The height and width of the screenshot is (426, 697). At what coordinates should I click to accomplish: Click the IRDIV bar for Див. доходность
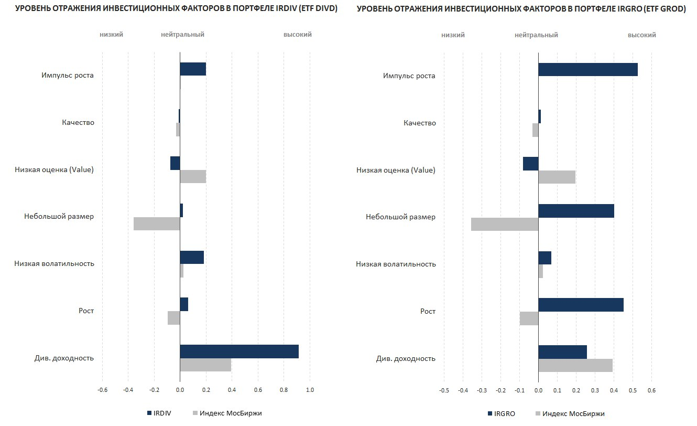239,352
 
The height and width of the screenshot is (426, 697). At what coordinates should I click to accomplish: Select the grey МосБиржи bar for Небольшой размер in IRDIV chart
157,223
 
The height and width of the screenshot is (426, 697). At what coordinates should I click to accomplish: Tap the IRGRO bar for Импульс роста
587,69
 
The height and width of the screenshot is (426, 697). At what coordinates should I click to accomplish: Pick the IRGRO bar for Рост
581,305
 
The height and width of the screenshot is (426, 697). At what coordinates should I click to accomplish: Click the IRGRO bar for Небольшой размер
576,211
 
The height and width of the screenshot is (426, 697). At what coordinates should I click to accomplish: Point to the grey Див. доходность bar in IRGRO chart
575,365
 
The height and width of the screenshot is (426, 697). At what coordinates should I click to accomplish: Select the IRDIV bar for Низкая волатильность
192,257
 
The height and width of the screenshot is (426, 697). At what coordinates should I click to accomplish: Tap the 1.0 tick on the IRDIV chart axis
310,390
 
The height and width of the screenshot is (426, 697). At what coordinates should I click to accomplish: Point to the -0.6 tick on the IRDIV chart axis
102,390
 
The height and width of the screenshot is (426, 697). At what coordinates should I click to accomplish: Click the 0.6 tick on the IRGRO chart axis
651,390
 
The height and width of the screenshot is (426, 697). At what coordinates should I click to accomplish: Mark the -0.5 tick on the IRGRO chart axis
444,390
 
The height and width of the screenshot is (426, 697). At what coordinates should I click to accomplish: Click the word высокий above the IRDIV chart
298,35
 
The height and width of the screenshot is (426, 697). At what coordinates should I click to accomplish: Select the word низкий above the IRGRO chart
453,35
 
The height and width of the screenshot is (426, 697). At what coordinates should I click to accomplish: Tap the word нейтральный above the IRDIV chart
182,35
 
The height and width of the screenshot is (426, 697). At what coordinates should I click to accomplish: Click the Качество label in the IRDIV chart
78,122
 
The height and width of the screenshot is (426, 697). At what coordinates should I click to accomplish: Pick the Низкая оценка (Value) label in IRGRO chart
396,170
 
